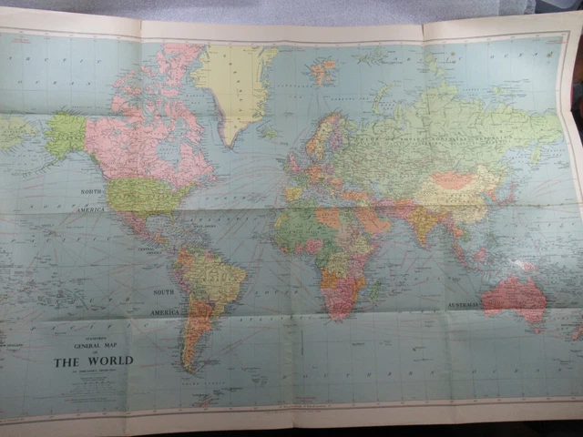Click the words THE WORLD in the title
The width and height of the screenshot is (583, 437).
(x=93, y=361)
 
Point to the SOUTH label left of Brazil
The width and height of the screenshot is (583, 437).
(x=164, y=292)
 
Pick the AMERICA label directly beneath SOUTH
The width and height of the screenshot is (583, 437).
(x=166, y=311)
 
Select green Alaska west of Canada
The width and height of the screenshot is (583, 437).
(x=66, y=134)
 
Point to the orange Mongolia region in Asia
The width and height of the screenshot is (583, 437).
(x=453, y=180)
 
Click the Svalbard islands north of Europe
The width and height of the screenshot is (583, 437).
(x=322, y=69)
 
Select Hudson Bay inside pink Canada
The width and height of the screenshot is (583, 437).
(x=169, y=150)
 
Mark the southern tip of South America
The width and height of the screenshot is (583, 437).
(x=189, y=368)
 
